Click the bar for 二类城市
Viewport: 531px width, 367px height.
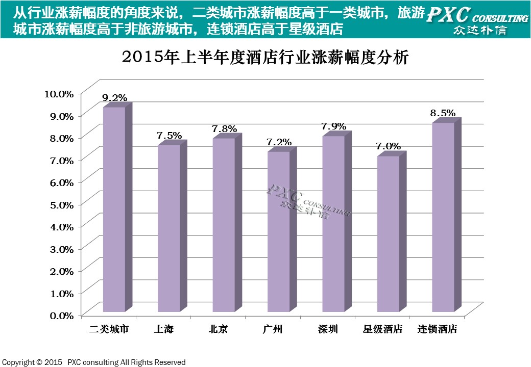pyautogui.click(x=114, y=209)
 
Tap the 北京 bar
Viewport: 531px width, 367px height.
pyautogui.click(x=224, y=225)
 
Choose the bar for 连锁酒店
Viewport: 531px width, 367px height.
pyautogui.click(x=443, y=217)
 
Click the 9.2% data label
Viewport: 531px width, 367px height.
pyautogui.click(x=114, y=97)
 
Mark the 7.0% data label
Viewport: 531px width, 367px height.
pyautogui.click(x=388, y=146)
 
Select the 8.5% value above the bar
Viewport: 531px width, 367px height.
pyautogui.click(x=443, y=113)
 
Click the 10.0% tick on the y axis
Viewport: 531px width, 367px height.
pyautogui.click(x=59, y=93)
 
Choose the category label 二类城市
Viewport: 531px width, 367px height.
pyautogui.click(x=109, y=329)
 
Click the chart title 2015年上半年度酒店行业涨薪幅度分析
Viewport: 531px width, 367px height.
pyautogui.click(x=265, y=58)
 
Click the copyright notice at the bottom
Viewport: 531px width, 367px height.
pyautogui.click(x=94, y=362)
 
